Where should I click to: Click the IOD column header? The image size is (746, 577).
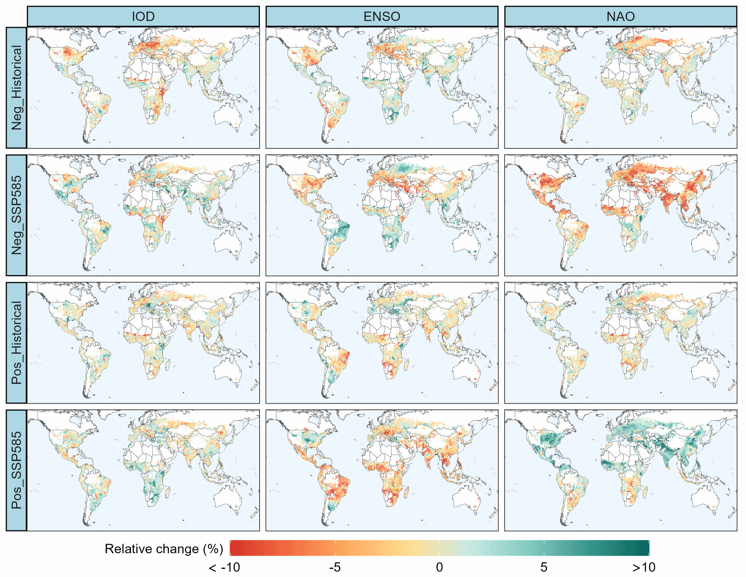[143, 17]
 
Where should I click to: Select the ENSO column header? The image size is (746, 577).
[382, 17]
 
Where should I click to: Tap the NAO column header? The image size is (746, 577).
[620, 17]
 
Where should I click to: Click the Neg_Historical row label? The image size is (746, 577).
[17, 87]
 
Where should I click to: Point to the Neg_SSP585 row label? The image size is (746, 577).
[17, 215]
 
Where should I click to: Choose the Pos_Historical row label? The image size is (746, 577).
[17, 342]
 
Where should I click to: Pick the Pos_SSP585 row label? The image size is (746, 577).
[17, 470]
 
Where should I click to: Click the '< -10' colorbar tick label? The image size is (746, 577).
[224, 567]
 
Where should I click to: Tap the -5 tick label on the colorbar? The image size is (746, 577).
[335, 567]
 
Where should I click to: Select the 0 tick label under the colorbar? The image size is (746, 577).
[439, 567]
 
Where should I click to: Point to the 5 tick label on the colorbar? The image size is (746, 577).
[544, 567]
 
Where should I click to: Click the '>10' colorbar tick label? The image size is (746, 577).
[644, 567]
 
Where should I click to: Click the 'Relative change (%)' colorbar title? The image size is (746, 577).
[164, 549]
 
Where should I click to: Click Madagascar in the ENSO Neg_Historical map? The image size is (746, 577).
[407, 110]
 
